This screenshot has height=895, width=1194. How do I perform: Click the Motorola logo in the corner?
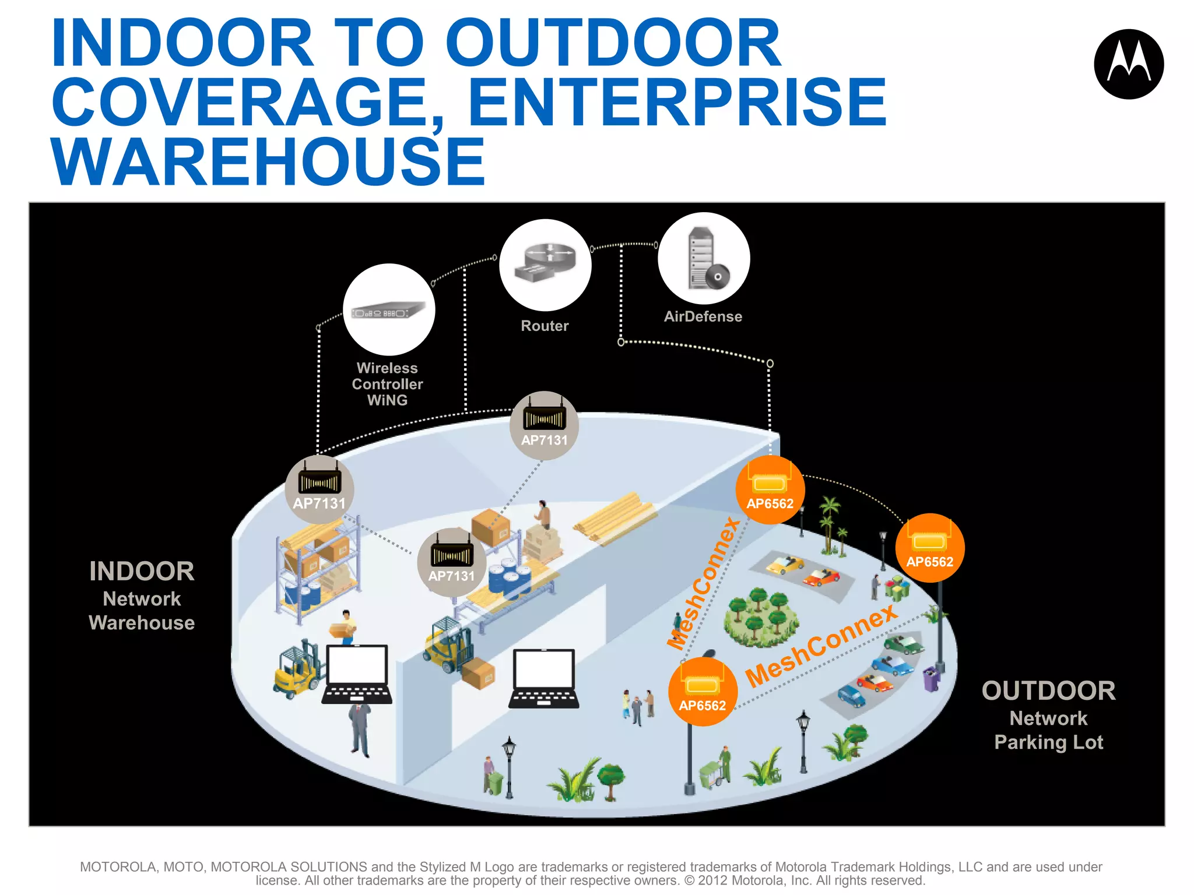(x=1128, y=64)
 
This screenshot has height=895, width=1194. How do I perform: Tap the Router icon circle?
(x=545, y=265)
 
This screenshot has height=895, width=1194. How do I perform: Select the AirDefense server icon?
(x=704, y=259)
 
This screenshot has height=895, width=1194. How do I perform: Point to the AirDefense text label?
(x=703, y=316)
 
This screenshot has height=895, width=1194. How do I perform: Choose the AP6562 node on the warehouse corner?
(x=770, y=489)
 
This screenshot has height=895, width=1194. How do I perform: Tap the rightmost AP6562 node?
(x=929, y=548)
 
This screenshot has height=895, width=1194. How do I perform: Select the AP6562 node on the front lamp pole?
(x=703, y=692)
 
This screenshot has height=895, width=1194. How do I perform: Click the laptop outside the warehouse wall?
(x=544, y=679)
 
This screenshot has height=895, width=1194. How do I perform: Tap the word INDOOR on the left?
(x=142, y=571)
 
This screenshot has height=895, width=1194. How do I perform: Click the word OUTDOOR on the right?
(x=1048, y=691)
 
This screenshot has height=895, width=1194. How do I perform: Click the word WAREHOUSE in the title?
(x=268, y=161)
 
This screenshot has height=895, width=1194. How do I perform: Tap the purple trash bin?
(x=931, y=679)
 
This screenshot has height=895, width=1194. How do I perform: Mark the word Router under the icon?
(x=545, y=326)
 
